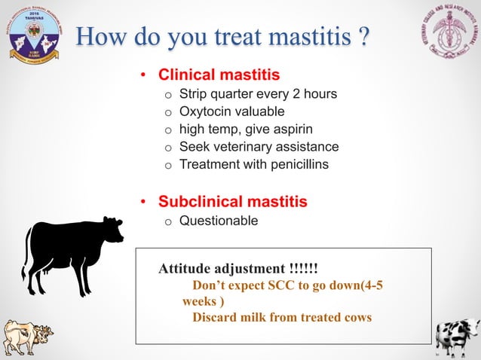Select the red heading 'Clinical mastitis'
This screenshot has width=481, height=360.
(219, 75)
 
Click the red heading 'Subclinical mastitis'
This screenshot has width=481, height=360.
(232, 202)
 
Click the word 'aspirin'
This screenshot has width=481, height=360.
(287, 129)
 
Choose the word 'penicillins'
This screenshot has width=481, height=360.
(295, 163)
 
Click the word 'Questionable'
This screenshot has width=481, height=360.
(218, 221)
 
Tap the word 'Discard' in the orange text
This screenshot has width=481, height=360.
(216, 317)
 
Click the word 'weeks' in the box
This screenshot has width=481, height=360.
(199, 301)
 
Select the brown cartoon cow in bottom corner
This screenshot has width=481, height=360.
(26, 337)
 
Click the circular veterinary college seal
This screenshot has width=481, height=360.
(448, 34)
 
